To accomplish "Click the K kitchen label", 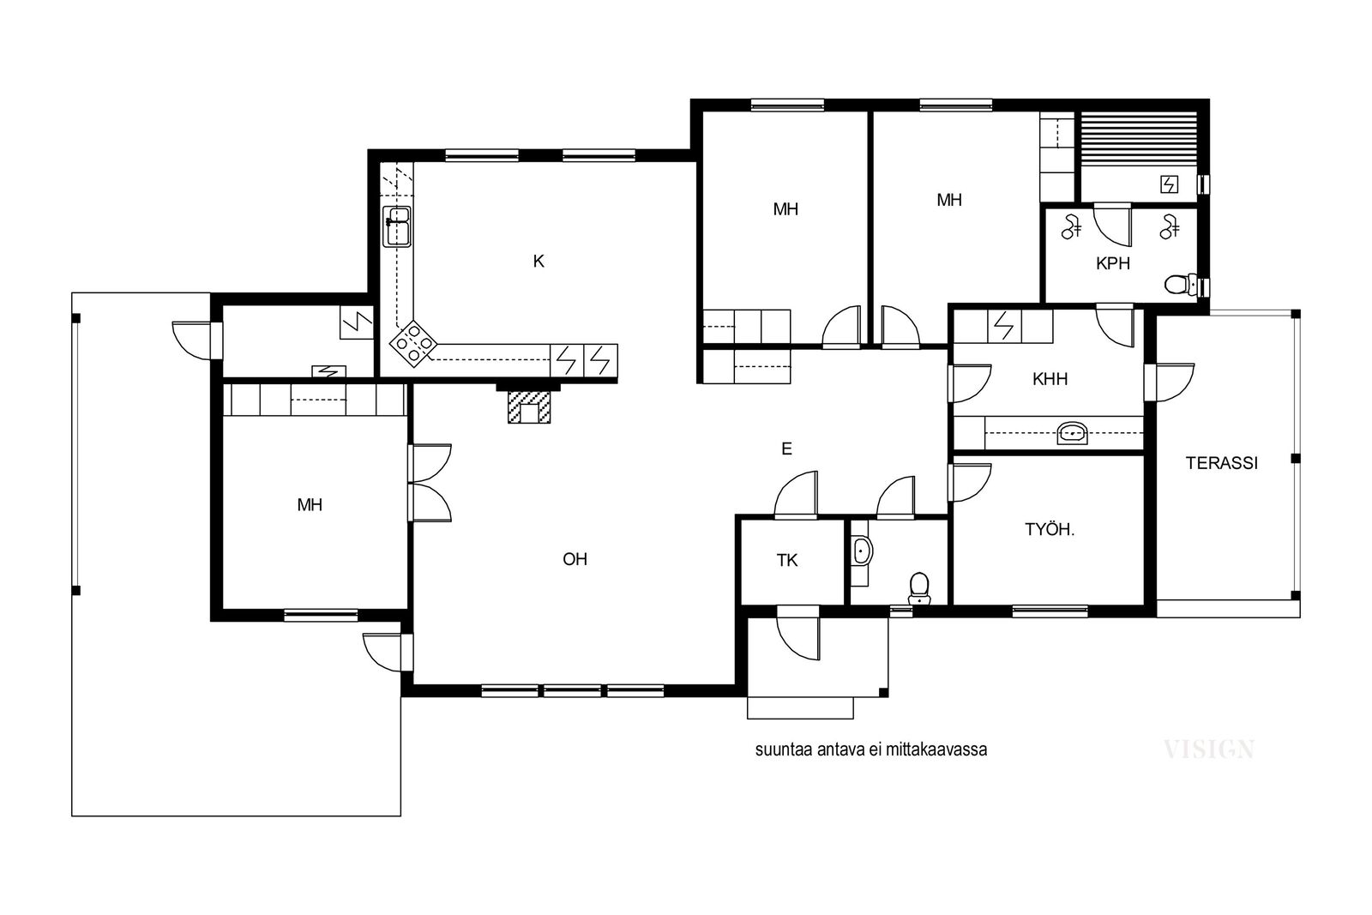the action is (x=539, y=262).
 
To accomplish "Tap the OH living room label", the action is (x=575, y=559).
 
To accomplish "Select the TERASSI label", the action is (x=1221, y=463).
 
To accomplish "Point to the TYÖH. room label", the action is (x=1050, y=529).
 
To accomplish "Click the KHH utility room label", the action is (x=1050, y=379).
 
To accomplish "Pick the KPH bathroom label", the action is (x=1112, y=263).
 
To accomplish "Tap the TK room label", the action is (x=787, y=560).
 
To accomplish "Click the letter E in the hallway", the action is (x=786, y=449).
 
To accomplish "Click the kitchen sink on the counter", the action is (x=396, y=226).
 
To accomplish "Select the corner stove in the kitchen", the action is (x=413, y=344).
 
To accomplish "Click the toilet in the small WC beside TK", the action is (x=918, y=588).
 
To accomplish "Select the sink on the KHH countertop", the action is (x=1072, y=433).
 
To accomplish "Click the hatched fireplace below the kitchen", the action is (x=529, y=406).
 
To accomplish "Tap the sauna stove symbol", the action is (x=1170, y=184).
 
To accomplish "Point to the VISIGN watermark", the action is (x=1208, y=749).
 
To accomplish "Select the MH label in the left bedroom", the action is (x=310, y=505).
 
